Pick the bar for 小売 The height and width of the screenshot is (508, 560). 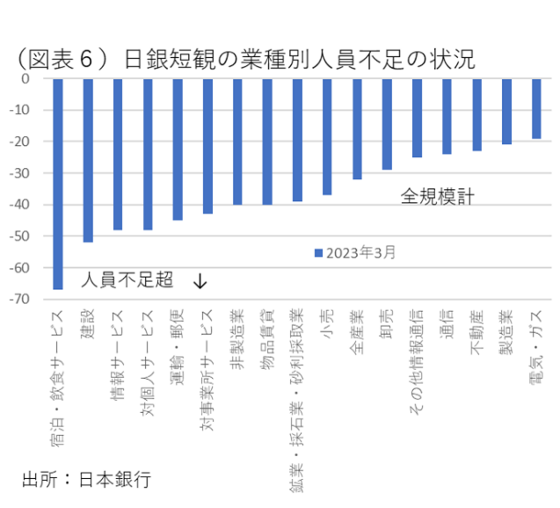tap(327, 136)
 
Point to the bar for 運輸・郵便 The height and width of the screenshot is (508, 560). tap(178, 149)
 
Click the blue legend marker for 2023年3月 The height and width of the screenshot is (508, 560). tap(319, 252)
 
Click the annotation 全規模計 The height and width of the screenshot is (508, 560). tap(438, 196)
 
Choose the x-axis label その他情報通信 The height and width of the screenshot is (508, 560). tap(417, 360)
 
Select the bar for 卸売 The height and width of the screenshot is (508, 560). tap(387, 124)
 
